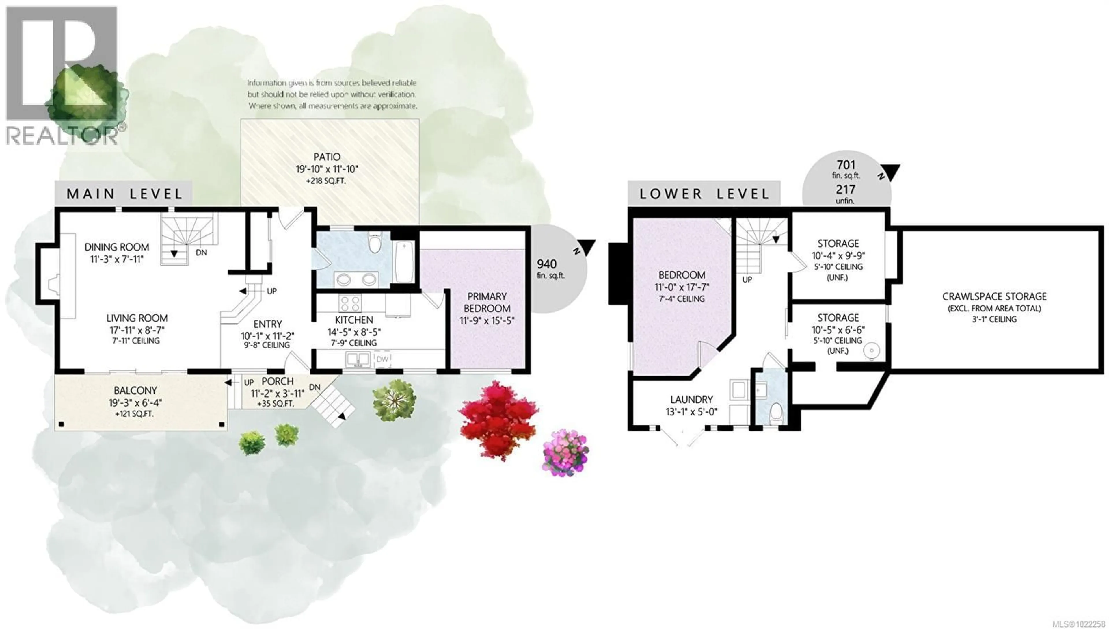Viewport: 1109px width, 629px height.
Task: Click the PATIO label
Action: click(x=327, y=157)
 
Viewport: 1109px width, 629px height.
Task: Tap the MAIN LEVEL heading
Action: click(x=124, y=194)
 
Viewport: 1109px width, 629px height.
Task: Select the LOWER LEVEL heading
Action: click(x=704, y=194)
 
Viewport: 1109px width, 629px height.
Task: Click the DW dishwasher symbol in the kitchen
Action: click(x=382, y=359)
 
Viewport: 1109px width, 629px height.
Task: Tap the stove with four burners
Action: click(x=350, y=303)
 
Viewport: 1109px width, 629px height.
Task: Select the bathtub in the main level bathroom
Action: click(x=404, y=262)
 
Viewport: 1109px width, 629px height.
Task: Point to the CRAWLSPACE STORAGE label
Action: click(x=994, y=296)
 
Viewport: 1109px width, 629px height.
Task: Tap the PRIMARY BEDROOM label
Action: click(x=487, y=303)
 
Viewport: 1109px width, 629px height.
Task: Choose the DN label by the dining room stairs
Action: click(x=201, y=252)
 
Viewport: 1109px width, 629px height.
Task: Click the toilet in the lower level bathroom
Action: click(x=776, y=413)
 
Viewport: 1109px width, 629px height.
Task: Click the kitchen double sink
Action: click(x=358, y=359)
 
